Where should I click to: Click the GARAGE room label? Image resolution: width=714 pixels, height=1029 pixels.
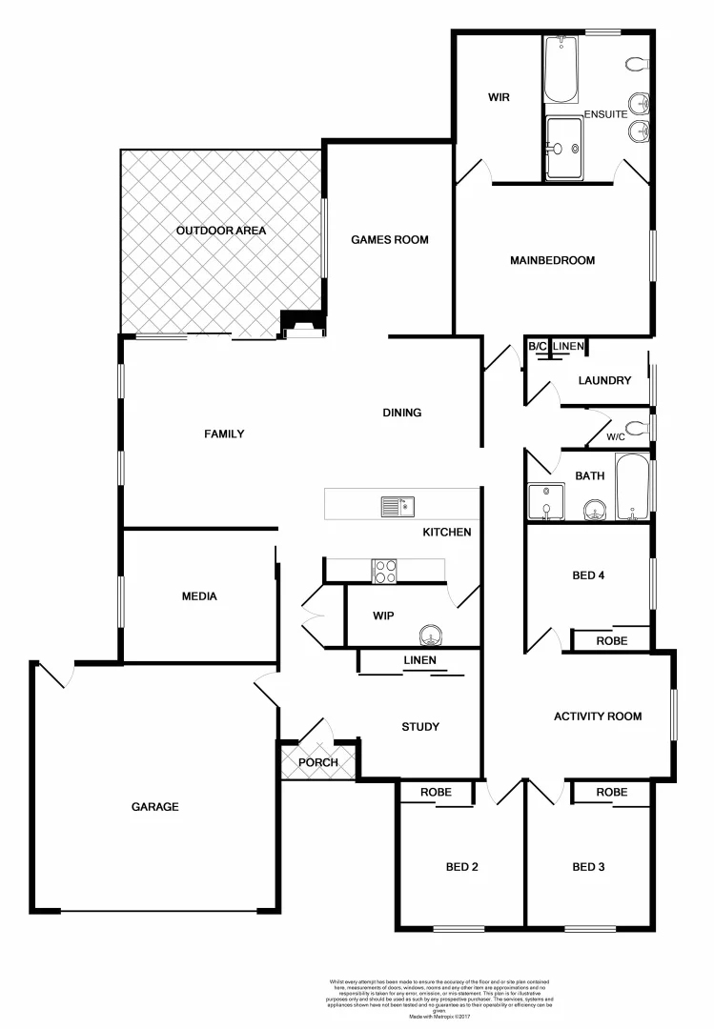pos(154,807)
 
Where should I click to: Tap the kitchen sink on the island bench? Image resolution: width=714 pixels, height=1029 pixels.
pos(394,505)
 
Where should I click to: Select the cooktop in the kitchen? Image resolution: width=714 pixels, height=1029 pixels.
pos(385,570)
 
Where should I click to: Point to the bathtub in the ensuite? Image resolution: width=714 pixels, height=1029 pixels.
pos(561,70)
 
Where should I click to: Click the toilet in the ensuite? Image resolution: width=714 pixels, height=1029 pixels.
pos(637,65)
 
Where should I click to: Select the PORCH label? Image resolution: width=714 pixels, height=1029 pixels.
pos(317,762)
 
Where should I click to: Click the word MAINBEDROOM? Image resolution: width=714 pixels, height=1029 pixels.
pos(552,260)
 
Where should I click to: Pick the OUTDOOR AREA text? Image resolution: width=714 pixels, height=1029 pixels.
pos(220,231)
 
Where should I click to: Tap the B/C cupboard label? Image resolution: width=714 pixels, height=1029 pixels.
pos(538,346)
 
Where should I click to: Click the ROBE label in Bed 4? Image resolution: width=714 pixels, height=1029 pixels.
pos(611,641)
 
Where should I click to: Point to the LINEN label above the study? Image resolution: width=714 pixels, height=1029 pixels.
pos(419,660)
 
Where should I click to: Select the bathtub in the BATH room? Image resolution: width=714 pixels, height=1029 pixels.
pos(632,487)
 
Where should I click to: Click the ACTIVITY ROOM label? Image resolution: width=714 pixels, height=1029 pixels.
pos(598,716)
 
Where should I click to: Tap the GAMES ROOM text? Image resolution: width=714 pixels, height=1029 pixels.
pos(389,240)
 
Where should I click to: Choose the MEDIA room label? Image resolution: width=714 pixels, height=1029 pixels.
pos(199,596)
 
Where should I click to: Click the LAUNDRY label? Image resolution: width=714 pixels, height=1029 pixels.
pos(604,380)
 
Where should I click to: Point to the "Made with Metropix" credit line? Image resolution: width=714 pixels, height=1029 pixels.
pos(439,1017)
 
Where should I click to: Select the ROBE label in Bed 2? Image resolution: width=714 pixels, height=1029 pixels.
pos(436,792)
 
